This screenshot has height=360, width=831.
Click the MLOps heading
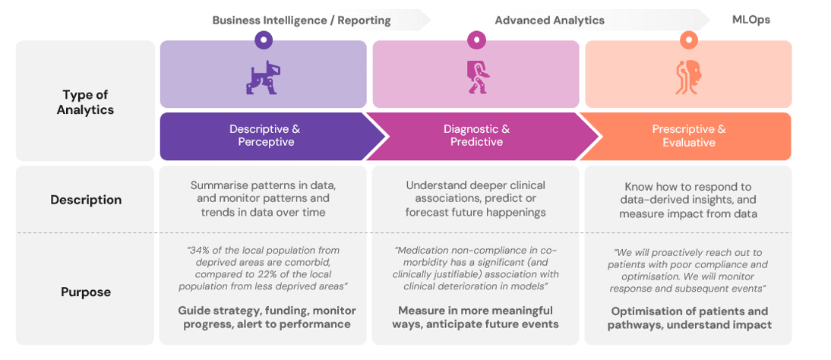tap(750, 20)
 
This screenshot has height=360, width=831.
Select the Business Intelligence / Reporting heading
tap(302, 21)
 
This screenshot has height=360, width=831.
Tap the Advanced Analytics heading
tap(549, 21)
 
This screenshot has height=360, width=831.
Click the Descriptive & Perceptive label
tap(264, 136)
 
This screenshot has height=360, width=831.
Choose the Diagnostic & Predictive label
tap(476, 136)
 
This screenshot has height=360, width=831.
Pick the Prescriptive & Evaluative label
tap(688, 136)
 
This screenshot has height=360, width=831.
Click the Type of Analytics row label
tap(85, 102)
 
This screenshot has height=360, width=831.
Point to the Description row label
tap(86, 200)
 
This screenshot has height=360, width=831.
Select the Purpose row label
tap(86, 292)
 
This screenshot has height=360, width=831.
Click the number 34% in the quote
tap(200, 251)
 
